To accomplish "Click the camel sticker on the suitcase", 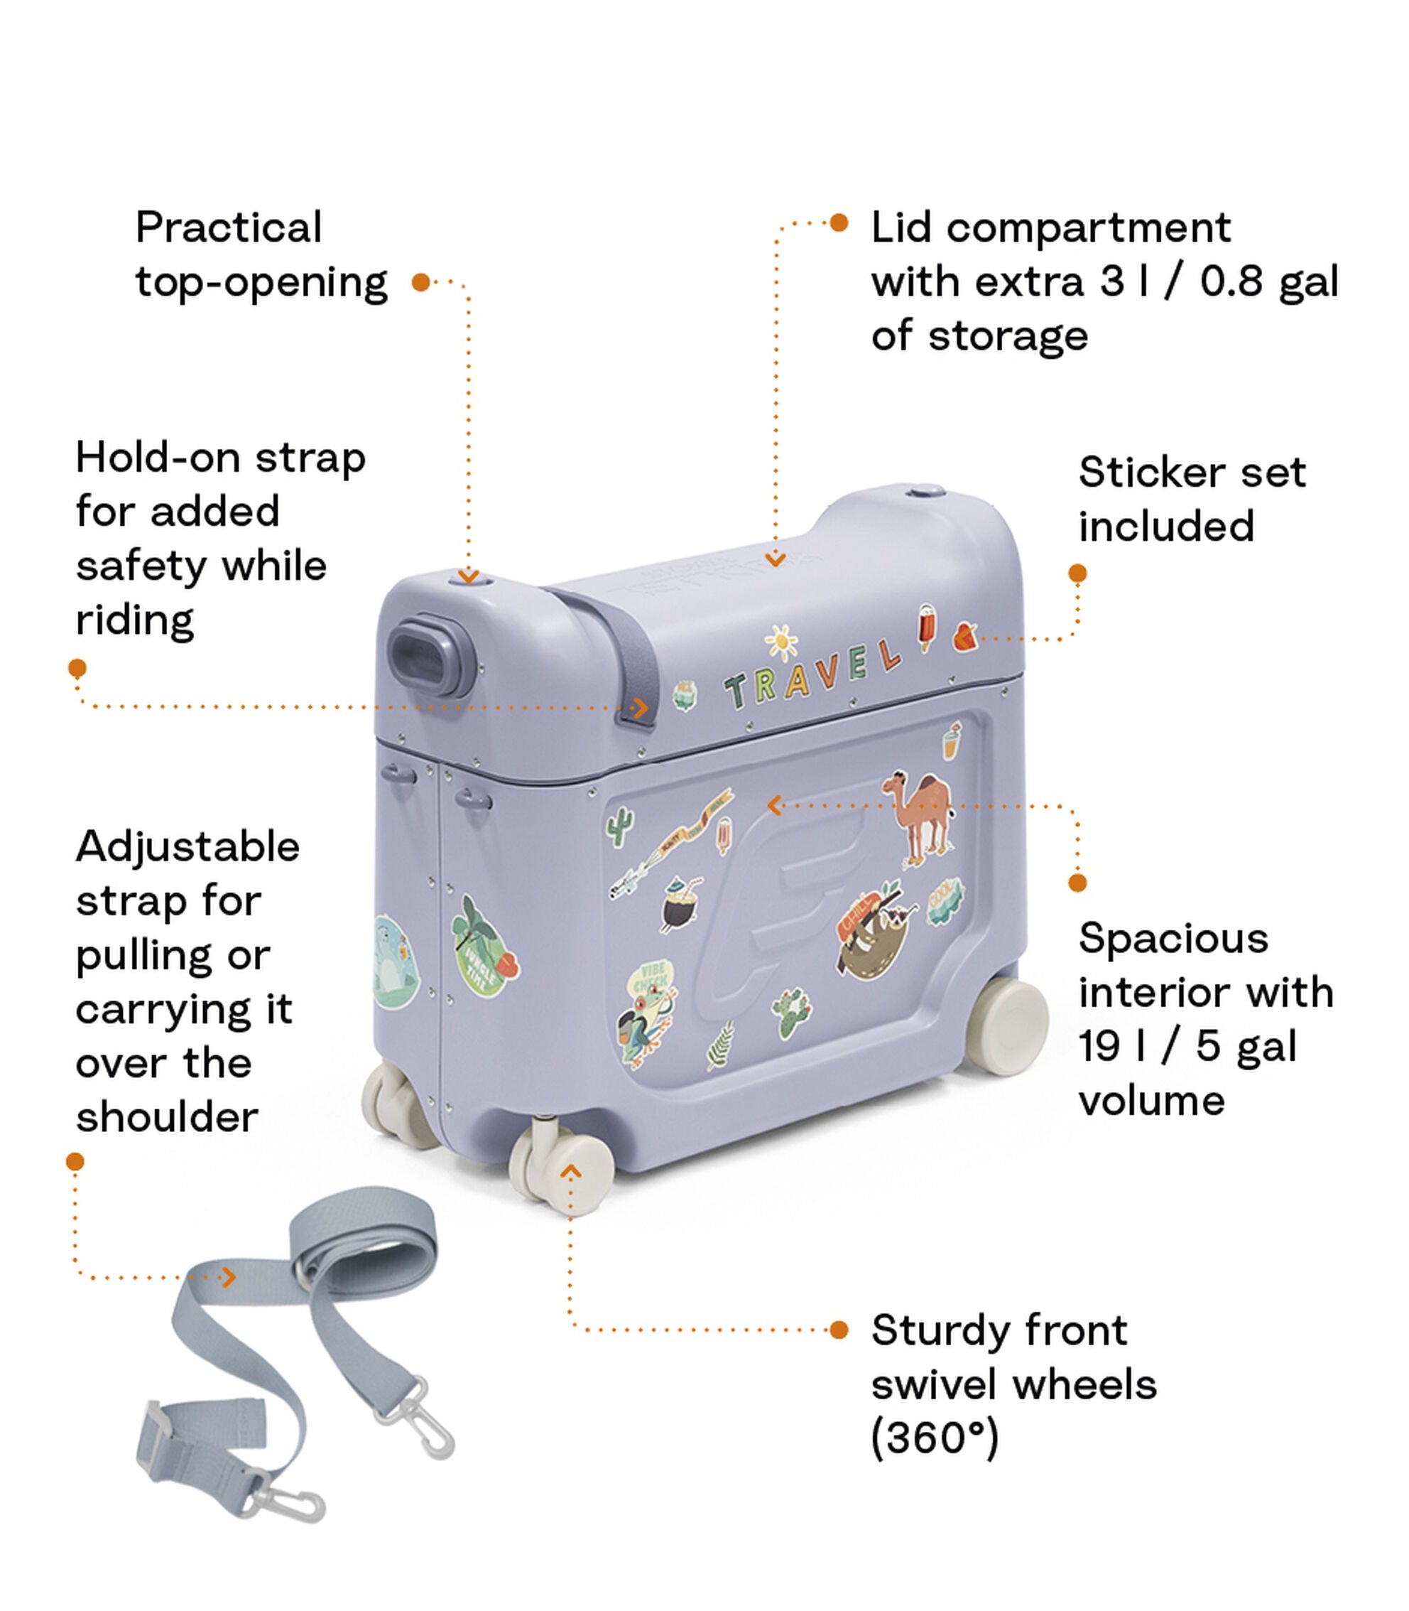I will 920,818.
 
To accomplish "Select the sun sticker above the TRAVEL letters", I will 780,642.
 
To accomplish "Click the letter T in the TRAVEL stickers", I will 737,691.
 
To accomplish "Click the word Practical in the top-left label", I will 228,228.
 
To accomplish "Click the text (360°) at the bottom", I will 934,1438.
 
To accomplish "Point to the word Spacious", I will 1173,939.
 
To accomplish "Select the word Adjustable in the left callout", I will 188,847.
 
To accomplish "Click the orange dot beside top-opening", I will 421,281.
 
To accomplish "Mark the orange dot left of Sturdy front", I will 839,1330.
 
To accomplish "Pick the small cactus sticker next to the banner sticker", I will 621,826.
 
